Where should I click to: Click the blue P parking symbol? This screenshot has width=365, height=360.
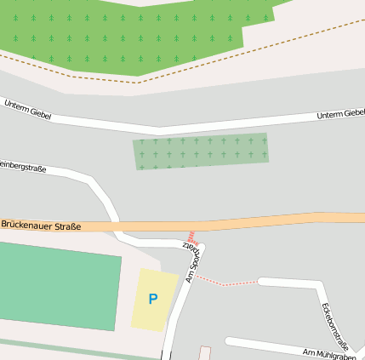point(153,299)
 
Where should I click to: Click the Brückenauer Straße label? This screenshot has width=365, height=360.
point(41,226)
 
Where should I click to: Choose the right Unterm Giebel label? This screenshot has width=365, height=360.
point(340,115)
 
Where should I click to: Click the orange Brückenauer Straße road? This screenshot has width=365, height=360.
point(255,221)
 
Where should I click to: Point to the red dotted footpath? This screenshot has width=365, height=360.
point(225,282)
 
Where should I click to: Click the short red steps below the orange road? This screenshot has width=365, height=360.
point(192,237)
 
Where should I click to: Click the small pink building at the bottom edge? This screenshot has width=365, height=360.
point(204,352)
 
